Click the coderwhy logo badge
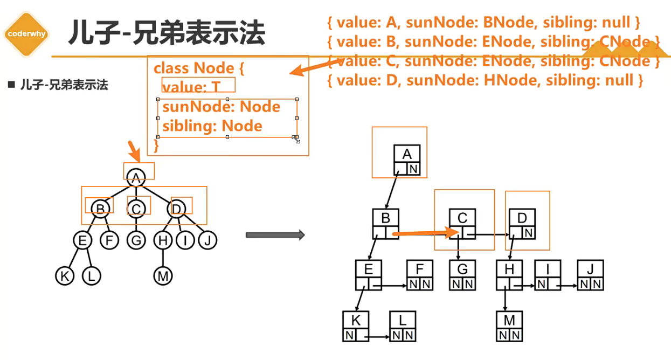coord(26,33)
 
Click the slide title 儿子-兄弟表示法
coord(167,33)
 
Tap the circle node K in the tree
coord(65,276)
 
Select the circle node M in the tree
coord(162,276)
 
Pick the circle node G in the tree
coord(136,240)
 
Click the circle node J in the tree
coord(207,240)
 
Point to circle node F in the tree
coord(109,240)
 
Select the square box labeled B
coord(385,224)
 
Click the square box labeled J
coord(590,275)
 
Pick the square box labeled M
coord(509,327)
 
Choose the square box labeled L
coord(403,327)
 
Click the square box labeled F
coord(420,275)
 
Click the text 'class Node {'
coord(199,68)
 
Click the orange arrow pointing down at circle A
coord(133,151)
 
